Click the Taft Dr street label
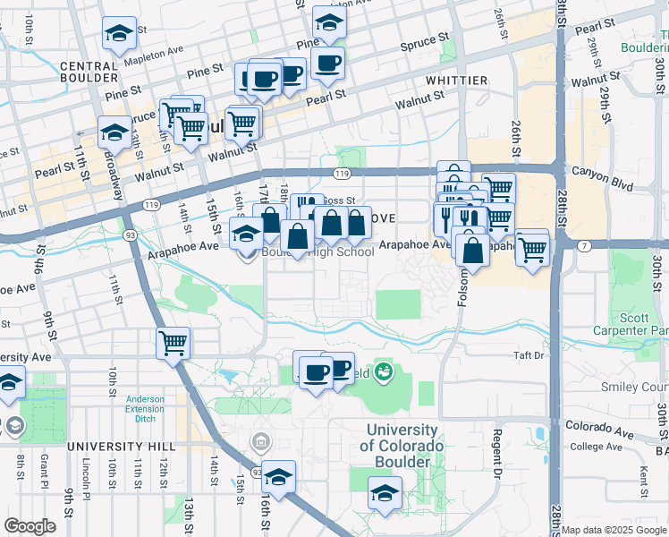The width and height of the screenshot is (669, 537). (529, 355)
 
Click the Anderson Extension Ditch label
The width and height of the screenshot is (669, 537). (145, 408)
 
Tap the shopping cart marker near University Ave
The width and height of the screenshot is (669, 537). (173, 342)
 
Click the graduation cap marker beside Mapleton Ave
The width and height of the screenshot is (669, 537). (119, 34)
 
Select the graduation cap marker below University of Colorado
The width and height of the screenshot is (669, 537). (385, 493)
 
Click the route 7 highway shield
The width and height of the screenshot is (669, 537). (583, 245)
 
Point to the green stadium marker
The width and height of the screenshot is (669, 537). (384, 370)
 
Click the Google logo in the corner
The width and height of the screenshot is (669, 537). (30, 525)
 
